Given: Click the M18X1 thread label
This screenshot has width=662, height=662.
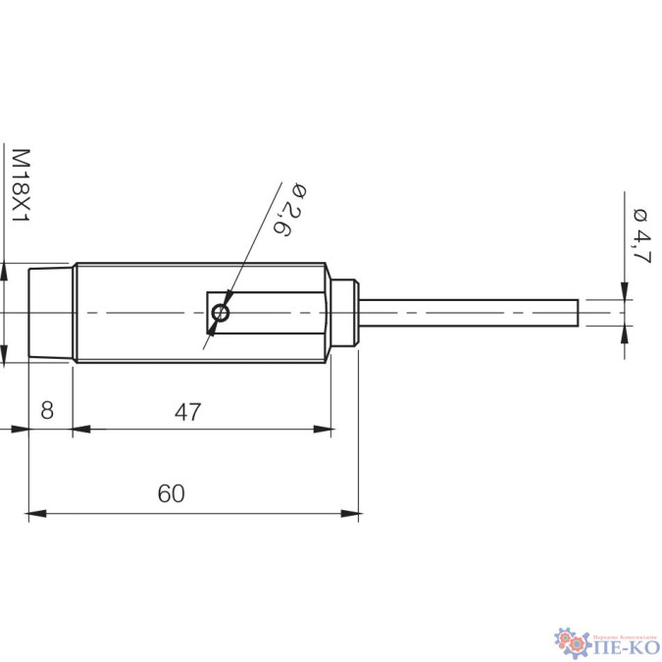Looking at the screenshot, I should pyautogui.click(x=21, y=185).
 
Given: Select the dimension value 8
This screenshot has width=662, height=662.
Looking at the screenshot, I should pyautogui.click(x=46, y=411).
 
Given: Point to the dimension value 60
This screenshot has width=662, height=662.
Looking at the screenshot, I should pyautogui.click(x=171, y=493).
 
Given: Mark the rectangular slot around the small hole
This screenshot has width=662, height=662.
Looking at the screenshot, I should pyautogui.click(x=265, y=314).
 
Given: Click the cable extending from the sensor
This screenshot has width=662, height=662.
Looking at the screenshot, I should pyautogui.click(x=471, y=314).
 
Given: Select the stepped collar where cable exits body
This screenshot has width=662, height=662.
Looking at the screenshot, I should pyautogui.click(x=343, y=314).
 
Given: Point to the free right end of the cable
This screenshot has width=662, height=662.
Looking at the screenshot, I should pyautogui.click(x=577, y=314).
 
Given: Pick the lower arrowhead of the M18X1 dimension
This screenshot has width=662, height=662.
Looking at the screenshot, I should pyautogui.click(x=5, y=357).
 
